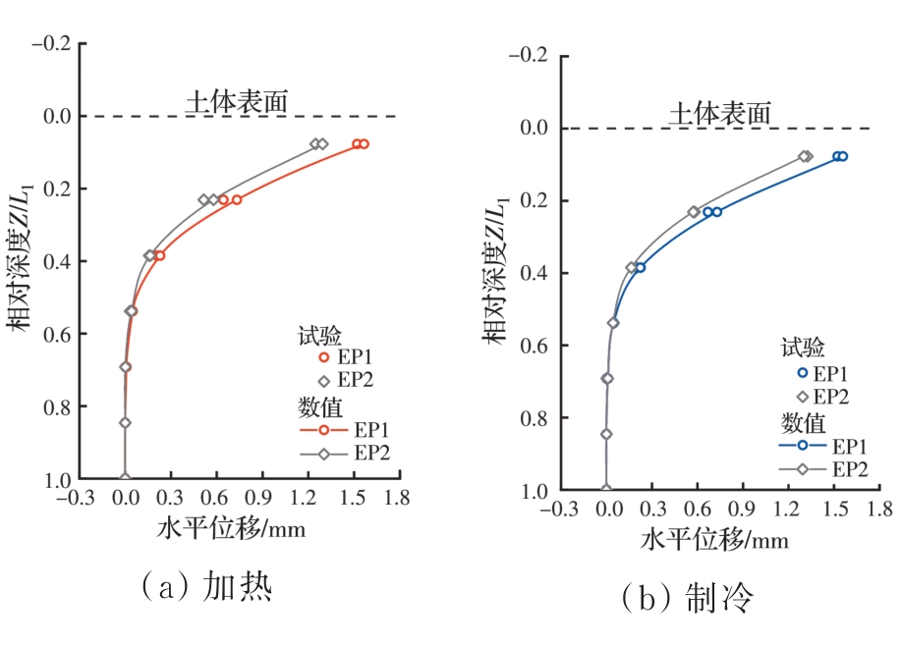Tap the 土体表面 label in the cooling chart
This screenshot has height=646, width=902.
[720, 112]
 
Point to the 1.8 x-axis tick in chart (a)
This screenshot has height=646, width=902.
[398, 498]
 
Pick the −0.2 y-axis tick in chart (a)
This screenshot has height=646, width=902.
[52, 44]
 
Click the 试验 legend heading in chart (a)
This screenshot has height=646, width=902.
[319, 336]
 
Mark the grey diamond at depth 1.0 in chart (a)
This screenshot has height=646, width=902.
[125, 478]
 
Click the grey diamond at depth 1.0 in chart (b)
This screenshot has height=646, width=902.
[606, 489]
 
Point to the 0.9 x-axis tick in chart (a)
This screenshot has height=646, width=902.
[261, 498]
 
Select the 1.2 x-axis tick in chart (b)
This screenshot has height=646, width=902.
[789, 510]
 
